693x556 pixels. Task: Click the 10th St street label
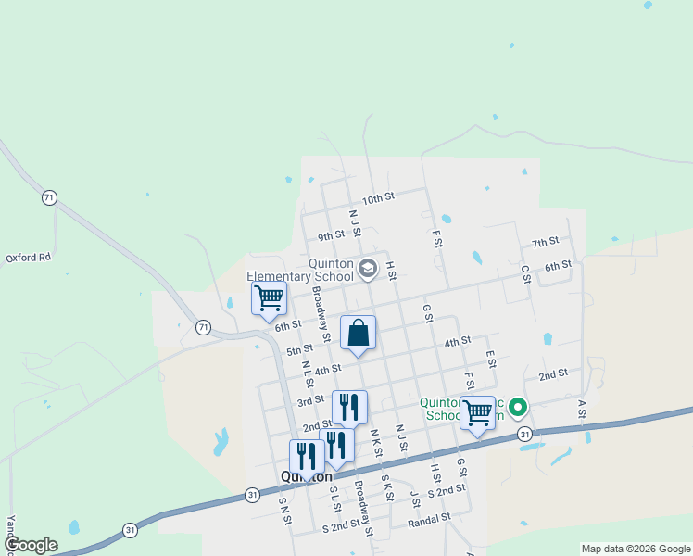[x=378, y=198]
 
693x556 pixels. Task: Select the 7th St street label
[x=546, y=242]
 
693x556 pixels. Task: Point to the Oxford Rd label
[x=28, y=258]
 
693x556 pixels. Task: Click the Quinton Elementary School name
[x=301, y=269]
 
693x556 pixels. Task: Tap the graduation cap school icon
[x=367, y=269]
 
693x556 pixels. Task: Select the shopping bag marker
[x=359, y=334]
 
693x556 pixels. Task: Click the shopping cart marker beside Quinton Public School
[x=478, y=412]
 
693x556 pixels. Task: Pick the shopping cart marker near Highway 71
[x=269, y=299]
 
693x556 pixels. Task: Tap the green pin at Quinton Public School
[x=518, y=407]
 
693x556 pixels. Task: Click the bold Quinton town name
[x=307, y=476]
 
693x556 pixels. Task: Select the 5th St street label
[x=299, y=350]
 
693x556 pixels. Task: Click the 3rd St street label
[x=309, y=401]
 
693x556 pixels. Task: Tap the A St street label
[x=583, y=409]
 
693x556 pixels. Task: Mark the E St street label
[x=490, y=359]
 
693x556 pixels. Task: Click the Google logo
[x=31, y=545]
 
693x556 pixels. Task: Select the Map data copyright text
[x=636, y=549]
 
